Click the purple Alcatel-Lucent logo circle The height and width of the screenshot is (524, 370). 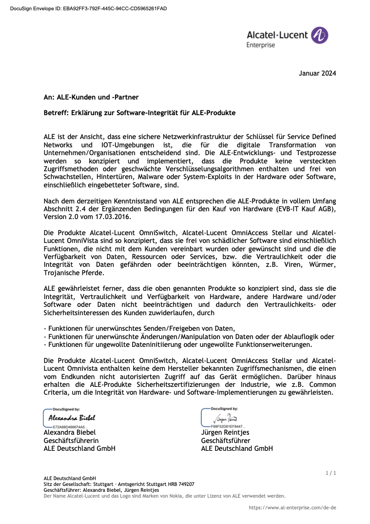point(320,35)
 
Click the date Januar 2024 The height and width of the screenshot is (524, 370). point(317,74)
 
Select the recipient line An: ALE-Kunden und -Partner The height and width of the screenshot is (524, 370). point(91,97)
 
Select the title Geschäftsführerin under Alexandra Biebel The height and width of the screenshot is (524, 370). point(71,441)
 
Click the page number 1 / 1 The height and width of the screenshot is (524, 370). point(331,473)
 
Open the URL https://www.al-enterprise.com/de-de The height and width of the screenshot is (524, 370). point(292,507)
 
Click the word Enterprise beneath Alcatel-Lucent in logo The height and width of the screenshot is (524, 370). point(261,45)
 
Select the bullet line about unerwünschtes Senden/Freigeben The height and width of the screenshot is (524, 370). point(139,328)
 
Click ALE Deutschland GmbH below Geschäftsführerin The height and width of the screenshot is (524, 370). point(79,448)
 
